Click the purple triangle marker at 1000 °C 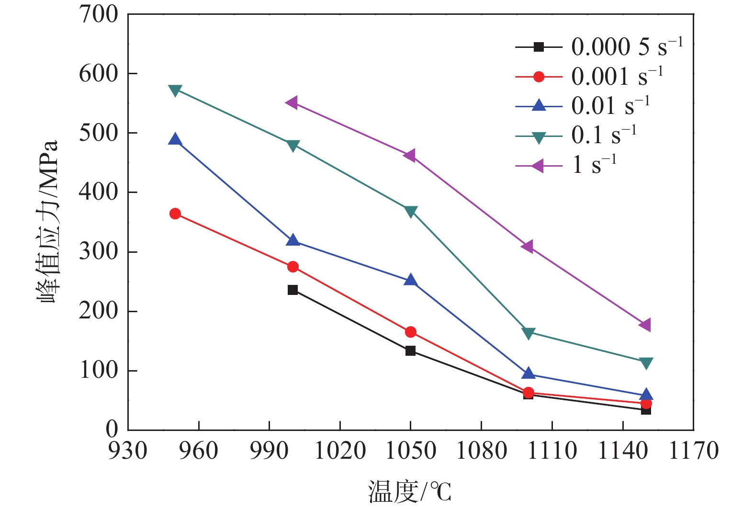[x=292, y=102]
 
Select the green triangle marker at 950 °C [x=175, y=90]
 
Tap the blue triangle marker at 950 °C [x=175, y=140]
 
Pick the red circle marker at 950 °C [x=175, y=214]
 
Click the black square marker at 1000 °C [x=293, y=290]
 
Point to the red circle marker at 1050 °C [x=410, y=332]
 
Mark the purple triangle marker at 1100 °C [x=528, y=247]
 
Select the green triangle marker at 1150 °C [x=646, y=363]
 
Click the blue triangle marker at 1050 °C [x=410, y=281]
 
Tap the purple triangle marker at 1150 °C [x=645, y=325]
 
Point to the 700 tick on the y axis [x=99, y=15]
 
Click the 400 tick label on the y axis [x=99, y=192]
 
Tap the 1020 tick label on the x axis [x=340, y=451]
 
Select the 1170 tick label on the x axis [x=693, y=451]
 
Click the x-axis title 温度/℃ [x=410, y=492]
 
